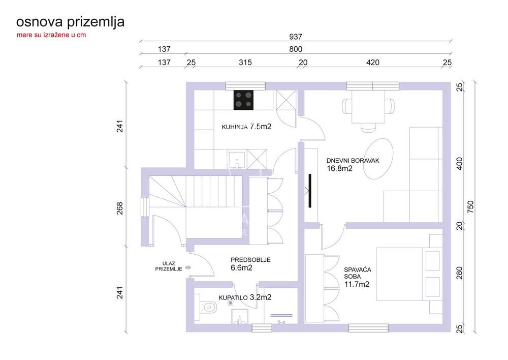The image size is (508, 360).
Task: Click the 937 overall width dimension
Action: click(296, 37)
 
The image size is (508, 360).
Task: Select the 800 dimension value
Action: click(296, 49)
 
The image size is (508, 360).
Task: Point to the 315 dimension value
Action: click(245, 63)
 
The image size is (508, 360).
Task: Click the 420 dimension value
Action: click(372, 63)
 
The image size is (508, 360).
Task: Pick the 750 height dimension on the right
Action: click(471, 206)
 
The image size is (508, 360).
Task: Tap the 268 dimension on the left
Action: click(120, 208)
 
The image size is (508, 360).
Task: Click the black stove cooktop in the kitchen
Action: click(244, 100)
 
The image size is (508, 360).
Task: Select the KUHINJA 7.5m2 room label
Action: click(246, 127)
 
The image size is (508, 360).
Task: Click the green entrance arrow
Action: click(188, 266)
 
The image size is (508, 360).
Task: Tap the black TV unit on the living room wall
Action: click(309, 191)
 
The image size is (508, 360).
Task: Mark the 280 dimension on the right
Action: click(459, 275)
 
